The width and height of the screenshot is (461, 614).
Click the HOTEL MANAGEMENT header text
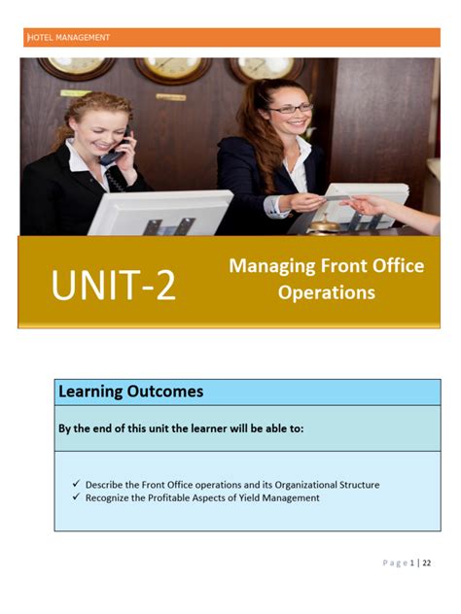[x=69, y=38]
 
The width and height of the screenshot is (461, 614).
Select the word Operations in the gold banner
[x=327, y=291]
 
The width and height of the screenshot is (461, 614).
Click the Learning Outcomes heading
[x=130, y=392]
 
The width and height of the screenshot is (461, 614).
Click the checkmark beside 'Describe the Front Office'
[x=77, y=484]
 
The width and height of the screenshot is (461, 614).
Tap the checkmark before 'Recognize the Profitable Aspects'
[x=77, y=498]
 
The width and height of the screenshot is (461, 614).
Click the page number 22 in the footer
[x=427, y=563]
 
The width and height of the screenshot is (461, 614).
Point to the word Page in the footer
[x=394, y=563]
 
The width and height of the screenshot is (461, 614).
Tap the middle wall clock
[x=174, y=68]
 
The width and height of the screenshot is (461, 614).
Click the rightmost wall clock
[x=266, y=67]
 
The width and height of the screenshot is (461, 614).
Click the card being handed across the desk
[x=336, y=202]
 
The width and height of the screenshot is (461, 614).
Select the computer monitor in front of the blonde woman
[x=160, y=212]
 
